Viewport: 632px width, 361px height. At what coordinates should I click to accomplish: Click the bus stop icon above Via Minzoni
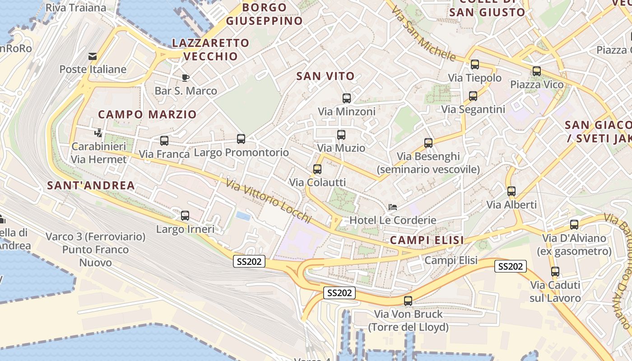pyautogui.click(x=347, y=98)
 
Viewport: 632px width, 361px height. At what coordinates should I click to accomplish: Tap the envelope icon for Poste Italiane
pyautogui.click(x=93, y=56)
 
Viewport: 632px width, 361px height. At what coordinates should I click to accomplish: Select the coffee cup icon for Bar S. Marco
pyautogui.click(x=186, y=78)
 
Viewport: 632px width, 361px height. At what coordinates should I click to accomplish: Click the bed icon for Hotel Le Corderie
pyautogui.click(x=393, y=207)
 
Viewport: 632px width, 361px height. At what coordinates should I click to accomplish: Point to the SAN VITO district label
pyautogui.click(x=325, y=76)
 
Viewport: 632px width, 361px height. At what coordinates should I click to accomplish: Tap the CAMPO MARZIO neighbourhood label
pyautogui.click(x=147, y=115)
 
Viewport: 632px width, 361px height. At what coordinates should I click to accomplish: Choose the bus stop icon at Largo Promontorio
pyautogui.click(x=241, y=139)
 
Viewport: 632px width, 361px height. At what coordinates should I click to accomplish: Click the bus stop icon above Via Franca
pyautogui.click(x=164, y=141)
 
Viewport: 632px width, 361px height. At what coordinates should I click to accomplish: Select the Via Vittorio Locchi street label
pyautogui.click(x=269, y=202)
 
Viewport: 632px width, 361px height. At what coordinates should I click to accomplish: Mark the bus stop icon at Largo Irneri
pyautogui.click(x=185, y=216)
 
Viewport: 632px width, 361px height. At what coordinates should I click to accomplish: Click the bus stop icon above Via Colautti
pyautogui.click(x=317, y=169)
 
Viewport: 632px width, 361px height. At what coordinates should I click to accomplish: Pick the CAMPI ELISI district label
pyautogui.click(x=427, y=241)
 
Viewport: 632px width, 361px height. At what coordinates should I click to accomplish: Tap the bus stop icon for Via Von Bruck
pyautogui.click(x=408, y=301)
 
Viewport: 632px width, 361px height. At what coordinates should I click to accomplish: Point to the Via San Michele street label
pyautogui.click(x=423, y=34)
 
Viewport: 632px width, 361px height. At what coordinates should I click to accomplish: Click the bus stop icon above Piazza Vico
pyautogui.click(x=537, y=71)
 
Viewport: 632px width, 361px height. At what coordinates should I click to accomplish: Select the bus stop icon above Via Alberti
pyautogui.click(x=511, y=191)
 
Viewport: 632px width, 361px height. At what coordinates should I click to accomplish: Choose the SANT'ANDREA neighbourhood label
pyautogui.click(x=91, y=185)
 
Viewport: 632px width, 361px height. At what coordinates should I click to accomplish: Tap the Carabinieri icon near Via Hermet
pyautogui.click(x=98, y=133)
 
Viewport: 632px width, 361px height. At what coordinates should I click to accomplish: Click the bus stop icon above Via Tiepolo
pyautogui.click(x=475, y=65)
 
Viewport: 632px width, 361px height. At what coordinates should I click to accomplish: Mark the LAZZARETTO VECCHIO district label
pyautogui.click(x=211, y=50)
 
